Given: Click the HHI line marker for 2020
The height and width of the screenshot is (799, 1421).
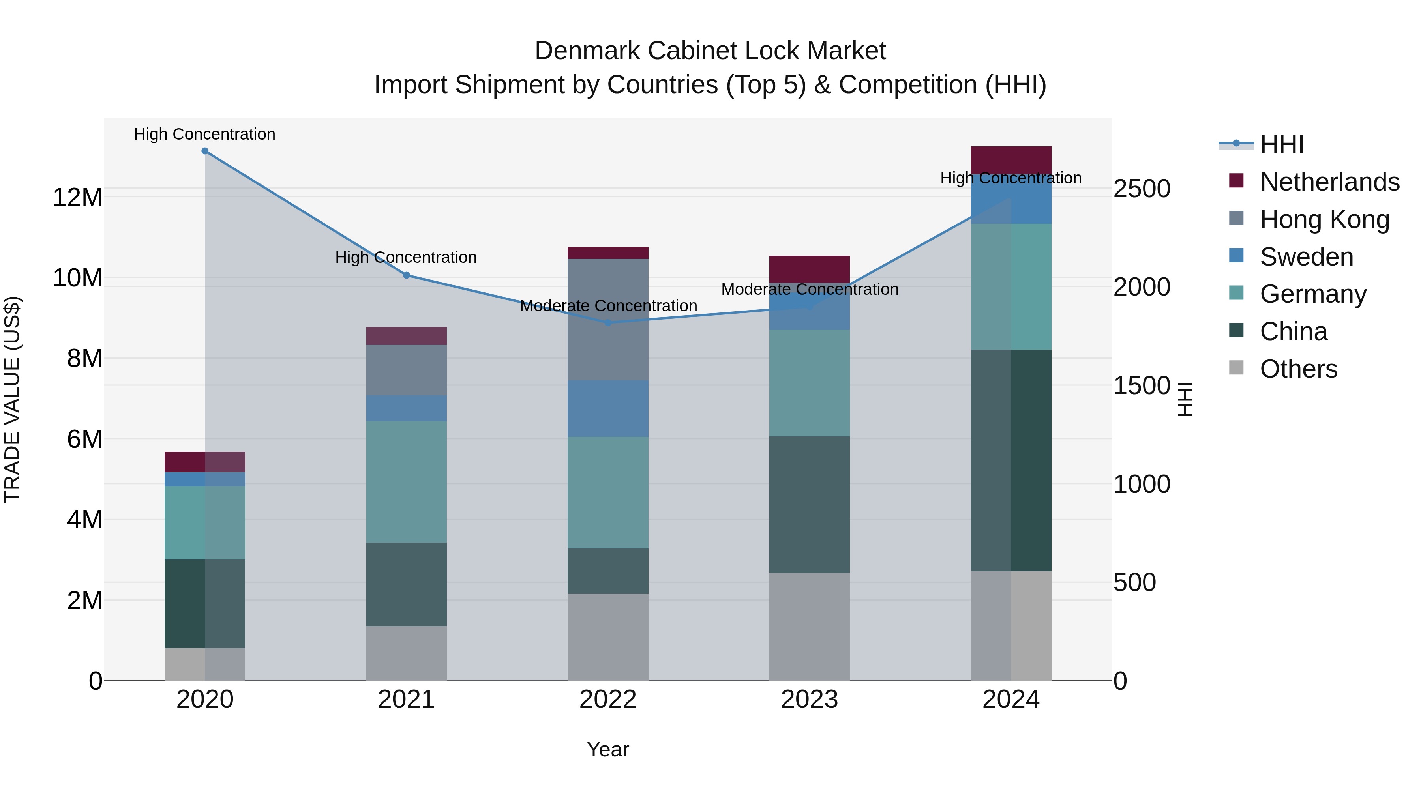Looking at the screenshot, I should (x=204, y=151).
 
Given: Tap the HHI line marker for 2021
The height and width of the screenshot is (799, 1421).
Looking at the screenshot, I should (x=407, y=275).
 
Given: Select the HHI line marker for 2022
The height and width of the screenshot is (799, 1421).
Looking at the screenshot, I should (x=608, y=323).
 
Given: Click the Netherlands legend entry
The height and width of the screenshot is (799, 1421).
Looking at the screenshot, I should (x=1329, y=182).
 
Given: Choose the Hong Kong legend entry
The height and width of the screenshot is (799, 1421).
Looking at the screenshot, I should (x=1324, y=219).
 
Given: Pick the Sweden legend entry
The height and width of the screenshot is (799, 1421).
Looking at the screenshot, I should (x=1306, y=257).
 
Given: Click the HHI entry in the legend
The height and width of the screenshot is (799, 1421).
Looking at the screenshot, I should (x=1281, y=144).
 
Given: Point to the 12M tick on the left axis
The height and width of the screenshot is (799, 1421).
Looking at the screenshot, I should (x=77, y=197).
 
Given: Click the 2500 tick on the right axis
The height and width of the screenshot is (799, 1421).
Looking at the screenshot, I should (x=1141, y=189).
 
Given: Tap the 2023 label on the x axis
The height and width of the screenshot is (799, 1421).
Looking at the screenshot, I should (x=809, y=700).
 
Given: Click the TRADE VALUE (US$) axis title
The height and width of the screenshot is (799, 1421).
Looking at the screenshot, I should (x=13, y=399).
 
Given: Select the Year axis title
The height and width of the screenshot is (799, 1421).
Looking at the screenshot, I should (x=608, y=749).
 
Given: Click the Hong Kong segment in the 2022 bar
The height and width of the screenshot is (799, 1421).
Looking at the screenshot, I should (x=608, y=320).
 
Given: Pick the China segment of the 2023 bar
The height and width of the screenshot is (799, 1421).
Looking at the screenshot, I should (x=809, y=505).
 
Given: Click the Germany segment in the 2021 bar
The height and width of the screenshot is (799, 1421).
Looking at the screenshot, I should (x=407, y=482).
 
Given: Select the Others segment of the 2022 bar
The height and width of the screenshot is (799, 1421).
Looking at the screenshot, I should (x=608, y=637).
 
